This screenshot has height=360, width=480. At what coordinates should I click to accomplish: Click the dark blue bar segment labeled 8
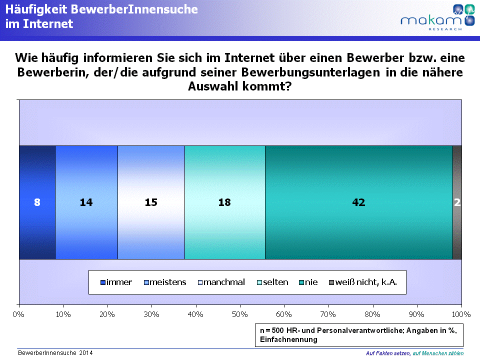coord(37,202)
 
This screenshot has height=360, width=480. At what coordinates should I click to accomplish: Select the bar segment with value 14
coord(86,202)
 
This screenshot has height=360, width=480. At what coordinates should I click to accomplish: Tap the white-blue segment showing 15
coord(151,202)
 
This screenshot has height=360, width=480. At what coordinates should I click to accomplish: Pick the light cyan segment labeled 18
coord(225,202)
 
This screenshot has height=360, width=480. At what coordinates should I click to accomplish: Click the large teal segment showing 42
coord(359,202)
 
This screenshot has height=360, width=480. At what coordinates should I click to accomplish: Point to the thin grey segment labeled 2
coord(457,202)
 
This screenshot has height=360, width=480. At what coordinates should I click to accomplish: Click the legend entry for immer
coord(116,282)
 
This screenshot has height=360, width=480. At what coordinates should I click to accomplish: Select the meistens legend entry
coord(165,282)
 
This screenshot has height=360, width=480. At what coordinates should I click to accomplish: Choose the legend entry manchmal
coord(221,282)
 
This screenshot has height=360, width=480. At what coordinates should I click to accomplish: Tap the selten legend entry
coord(272,282)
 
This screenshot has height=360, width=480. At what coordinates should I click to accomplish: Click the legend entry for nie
coord(308,282)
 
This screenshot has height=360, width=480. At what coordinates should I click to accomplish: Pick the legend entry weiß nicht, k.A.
coord(363,282)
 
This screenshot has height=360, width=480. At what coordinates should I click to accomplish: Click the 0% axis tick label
coord(18,314)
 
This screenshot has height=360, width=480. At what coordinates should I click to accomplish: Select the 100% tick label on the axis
coord(461,314)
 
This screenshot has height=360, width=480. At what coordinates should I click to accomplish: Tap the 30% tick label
coord(151,314)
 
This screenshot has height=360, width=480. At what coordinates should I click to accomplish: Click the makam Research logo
coord(438,17)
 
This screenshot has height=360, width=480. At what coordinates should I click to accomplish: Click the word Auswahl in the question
coord(213,86)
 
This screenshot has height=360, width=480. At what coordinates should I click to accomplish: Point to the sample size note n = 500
coord(359,335)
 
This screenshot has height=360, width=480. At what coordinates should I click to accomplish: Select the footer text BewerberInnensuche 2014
coord(55,353)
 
